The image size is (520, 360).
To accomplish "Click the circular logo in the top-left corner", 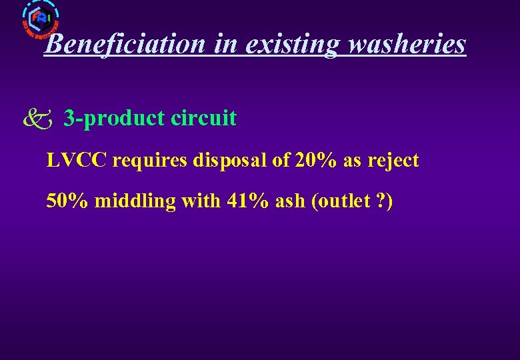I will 41,18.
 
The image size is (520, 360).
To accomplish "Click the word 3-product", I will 114,118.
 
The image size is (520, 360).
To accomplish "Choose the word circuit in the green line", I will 203,118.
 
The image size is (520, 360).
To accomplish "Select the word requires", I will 149,161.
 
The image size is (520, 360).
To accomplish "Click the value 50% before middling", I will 67,201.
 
